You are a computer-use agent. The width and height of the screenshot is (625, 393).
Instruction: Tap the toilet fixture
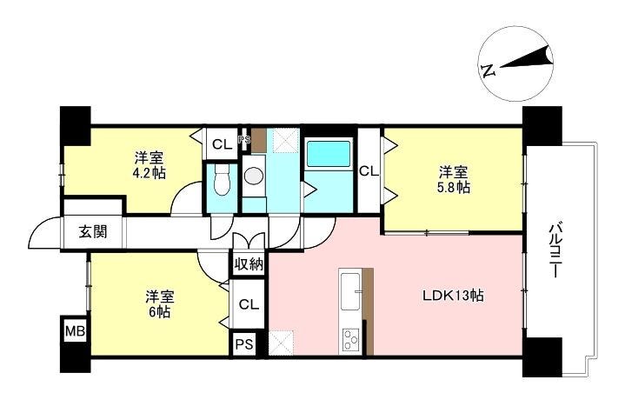click(222, 180)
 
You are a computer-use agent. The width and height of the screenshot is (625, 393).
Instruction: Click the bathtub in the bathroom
click(329, 153)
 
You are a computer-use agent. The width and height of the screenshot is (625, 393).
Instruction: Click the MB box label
click(75, 330)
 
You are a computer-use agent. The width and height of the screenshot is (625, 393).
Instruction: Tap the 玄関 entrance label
click(93, 231)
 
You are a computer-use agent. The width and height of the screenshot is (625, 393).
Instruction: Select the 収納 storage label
click(249, 264)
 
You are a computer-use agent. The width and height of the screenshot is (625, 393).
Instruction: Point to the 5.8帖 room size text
click(454, 187)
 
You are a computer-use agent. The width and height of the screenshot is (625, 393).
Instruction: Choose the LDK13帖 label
click(453, 296)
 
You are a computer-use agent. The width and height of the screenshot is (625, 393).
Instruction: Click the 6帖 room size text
click(160, 312)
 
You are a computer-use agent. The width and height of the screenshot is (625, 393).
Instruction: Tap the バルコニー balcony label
click(554, 251)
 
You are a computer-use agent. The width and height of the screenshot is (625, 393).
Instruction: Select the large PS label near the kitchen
click(244, 344)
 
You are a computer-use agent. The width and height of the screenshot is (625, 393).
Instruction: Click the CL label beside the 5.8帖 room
click(369, 171)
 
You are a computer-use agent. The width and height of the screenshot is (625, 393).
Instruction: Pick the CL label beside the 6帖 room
click(249, 305)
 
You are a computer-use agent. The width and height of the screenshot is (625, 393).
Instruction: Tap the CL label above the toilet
click(222, 144)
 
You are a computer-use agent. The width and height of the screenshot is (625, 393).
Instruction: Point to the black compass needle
click(526, 60)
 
